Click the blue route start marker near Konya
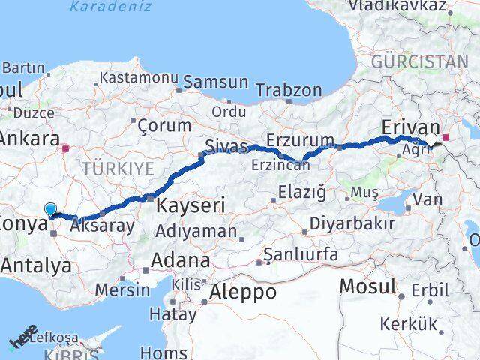tap(51, 210)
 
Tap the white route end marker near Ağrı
tap(432, 139)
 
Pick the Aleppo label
tap(244, 290)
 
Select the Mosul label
tap(367, 285)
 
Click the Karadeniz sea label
tap(111, 7)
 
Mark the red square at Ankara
tap(67, 148)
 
